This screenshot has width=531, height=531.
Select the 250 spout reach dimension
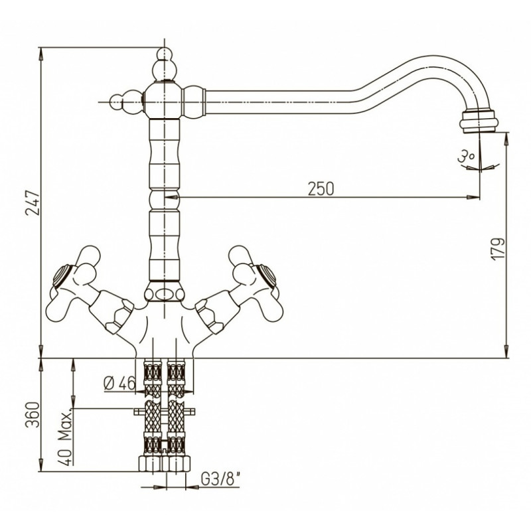coord(321,189)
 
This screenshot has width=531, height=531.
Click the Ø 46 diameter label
coord(119,383)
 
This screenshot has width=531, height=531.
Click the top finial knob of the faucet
coord(164,65)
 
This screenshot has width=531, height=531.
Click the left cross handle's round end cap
coord(62,274)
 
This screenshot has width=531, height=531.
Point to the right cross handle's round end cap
coord(267,274)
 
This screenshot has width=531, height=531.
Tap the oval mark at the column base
coord(165,294)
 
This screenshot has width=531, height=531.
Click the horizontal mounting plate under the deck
coord(165,412)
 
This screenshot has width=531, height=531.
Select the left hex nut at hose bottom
coord(151,464)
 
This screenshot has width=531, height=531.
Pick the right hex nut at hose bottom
coord(177,464)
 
